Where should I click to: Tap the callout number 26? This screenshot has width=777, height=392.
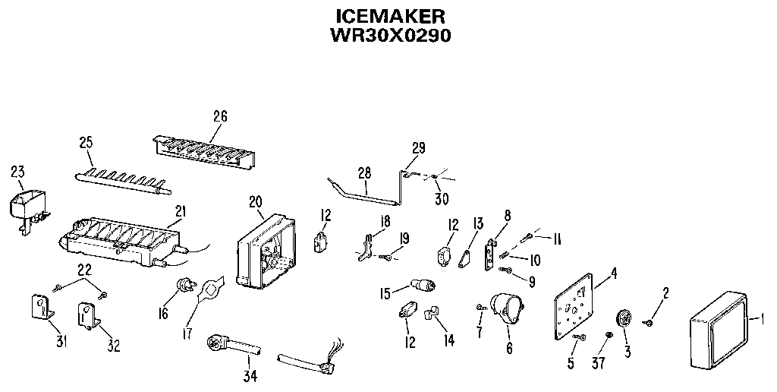220,116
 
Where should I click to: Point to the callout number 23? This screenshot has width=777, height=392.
17,172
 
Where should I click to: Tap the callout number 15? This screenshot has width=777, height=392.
385,292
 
